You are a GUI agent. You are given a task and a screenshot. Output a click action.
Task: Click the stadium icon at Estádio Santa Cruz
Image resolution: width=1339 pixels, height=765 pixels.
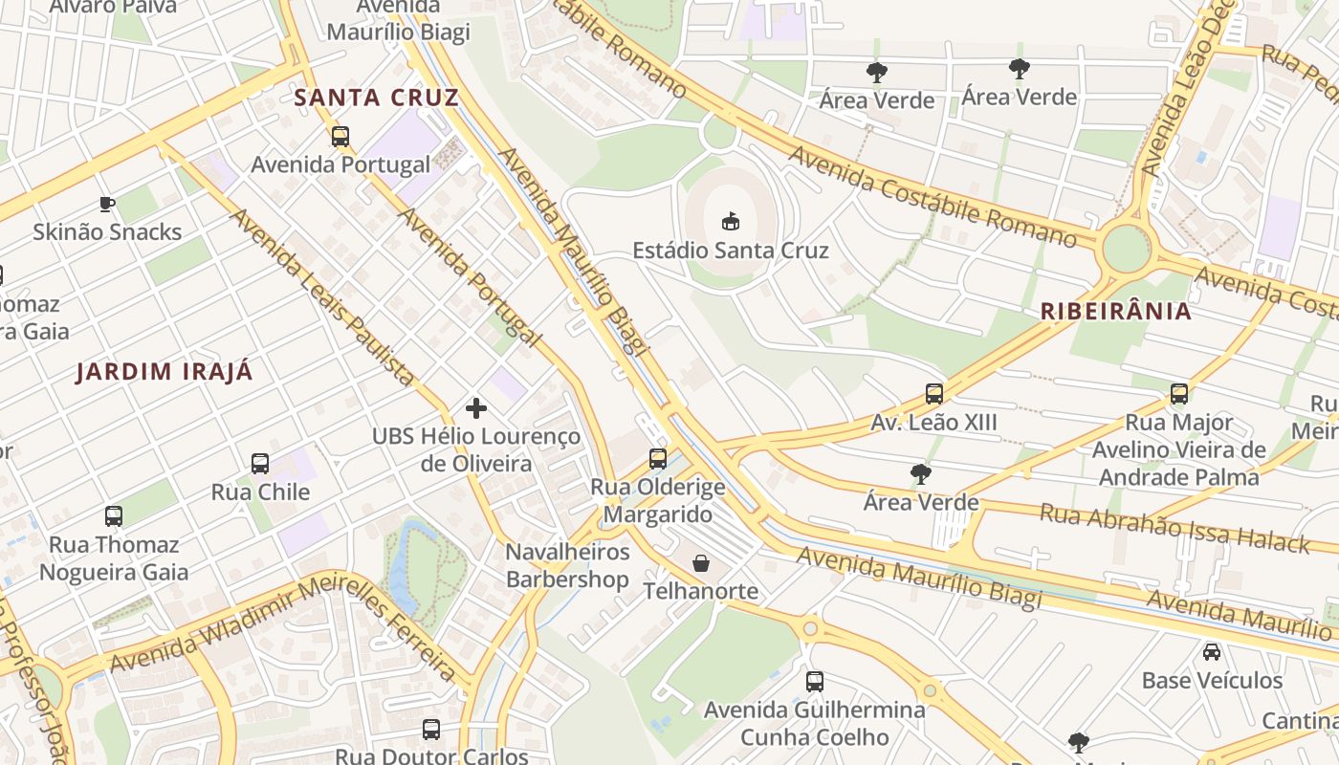coord(731,221)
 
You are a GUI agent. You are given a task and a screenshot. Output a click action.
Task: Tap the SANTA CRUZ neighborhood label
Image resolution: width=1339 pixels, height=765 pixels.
coord(376,98)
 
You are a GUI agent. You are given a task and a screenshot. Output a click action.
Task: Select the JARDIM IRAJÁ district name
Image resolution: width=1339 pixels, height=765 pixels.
coord(165,372)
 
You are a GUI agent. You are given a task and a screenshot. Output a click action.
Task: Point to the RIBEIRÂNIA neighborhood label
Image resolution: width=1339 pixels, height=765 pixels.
coord(1115,311)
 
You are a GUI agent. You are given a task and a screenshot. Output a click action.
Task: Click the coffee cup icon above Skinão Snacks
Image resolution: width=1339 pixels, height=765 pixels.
coord(107,204)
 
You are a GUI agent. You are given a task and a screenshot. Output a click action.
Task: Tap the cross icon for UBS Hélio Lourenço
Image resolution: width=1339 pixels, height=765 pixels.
coord(475,408)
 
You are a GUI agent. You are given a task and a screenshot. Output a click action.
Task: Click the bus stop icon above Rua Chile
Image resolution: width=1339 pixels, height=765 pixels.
coord(259,464)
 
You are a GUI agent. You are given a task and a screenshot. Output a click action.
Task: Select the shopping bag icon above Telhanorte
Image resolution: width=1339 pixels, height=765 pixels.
coord(701,563)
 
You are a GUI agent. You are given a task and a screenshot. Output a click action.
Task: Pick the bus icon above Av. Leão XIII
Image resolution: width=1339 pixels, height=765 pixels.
coord(933,394)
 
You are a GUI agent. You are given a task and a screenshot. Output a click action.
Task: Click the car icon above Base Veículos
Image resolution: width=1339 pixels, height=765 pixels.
coord(1211,652)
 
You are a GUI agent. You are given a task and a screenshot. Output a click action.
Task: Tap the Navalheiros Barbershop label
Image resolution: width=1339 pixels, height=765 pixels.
coord(567,565)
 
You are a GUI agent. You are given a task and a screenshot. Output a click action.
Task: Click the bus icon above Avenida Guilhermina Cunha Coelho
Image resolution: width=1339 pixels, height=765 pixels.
coord(814,682)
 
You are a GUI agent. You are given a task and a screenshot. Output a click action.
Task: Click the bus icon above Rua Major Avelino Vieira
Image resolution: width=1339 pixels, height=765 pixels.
coord(1178,394)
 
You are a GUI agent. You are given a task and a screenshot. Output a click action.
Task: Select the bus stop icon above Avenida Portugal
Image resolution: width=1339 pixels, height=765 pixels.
coord(340,137)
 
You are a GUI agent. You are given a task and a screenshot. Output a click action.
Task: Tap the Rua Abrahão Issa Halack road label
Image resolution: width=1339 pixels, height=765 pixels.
coord(1174,528)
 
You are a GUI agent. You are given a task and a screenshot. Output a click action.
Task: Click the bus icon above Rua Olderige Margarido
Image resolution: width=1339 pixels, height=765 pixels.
coord(657,458)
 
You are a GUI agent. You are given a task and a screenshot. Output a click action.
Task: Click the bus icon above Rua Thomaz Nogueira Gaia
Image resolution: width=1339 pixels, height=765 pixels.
coord(114,516)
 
